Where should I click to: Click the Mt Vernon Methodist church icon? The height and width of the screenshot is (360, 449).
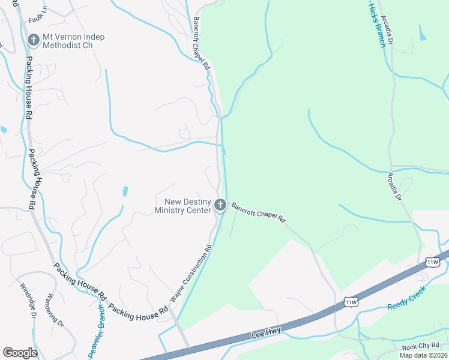34,41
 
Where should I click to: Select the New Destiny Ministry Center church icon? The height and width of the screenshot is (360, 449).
220,206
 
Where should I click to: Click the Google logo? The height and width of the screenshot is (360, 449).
20,353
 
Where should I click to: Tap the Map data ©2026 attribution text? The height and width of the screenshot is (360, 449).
423,355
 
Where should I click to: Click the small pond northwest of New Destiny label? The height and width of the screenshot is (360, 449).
125,191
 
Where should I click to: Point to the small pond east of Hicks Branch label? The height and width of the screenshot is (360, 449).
423,33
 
